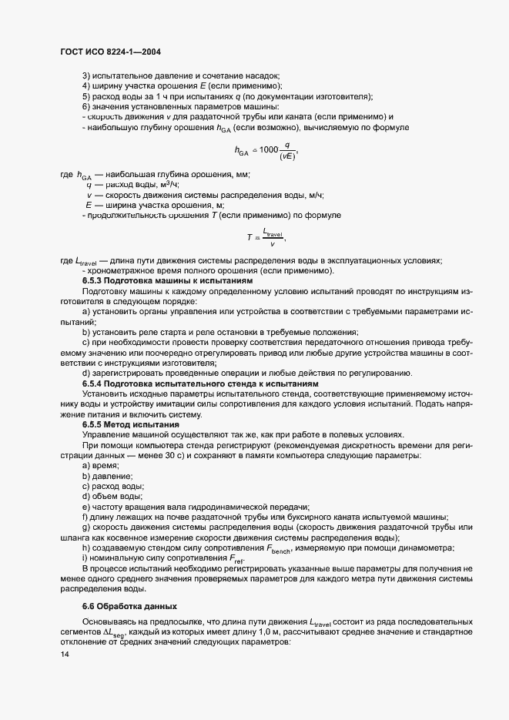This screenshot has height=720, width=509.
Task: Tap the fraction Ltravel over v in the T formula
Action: pyautogui.click(x=273, y=237)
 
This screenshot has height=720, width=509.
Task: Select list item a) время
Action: pyautogui.click(x=100, y=465)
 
